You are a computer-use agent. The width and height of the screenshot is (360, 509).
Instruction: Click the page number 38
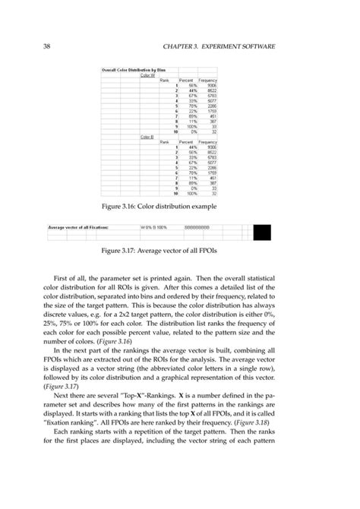35,47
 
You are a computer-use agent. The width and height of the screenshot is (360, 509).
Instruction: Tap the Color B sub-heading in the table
147,137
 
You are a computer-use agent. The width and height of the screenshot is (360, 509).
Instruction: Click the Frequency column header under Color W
208,80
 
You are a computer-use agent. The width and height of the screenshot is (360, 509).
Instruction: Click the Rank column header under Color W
163,80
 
